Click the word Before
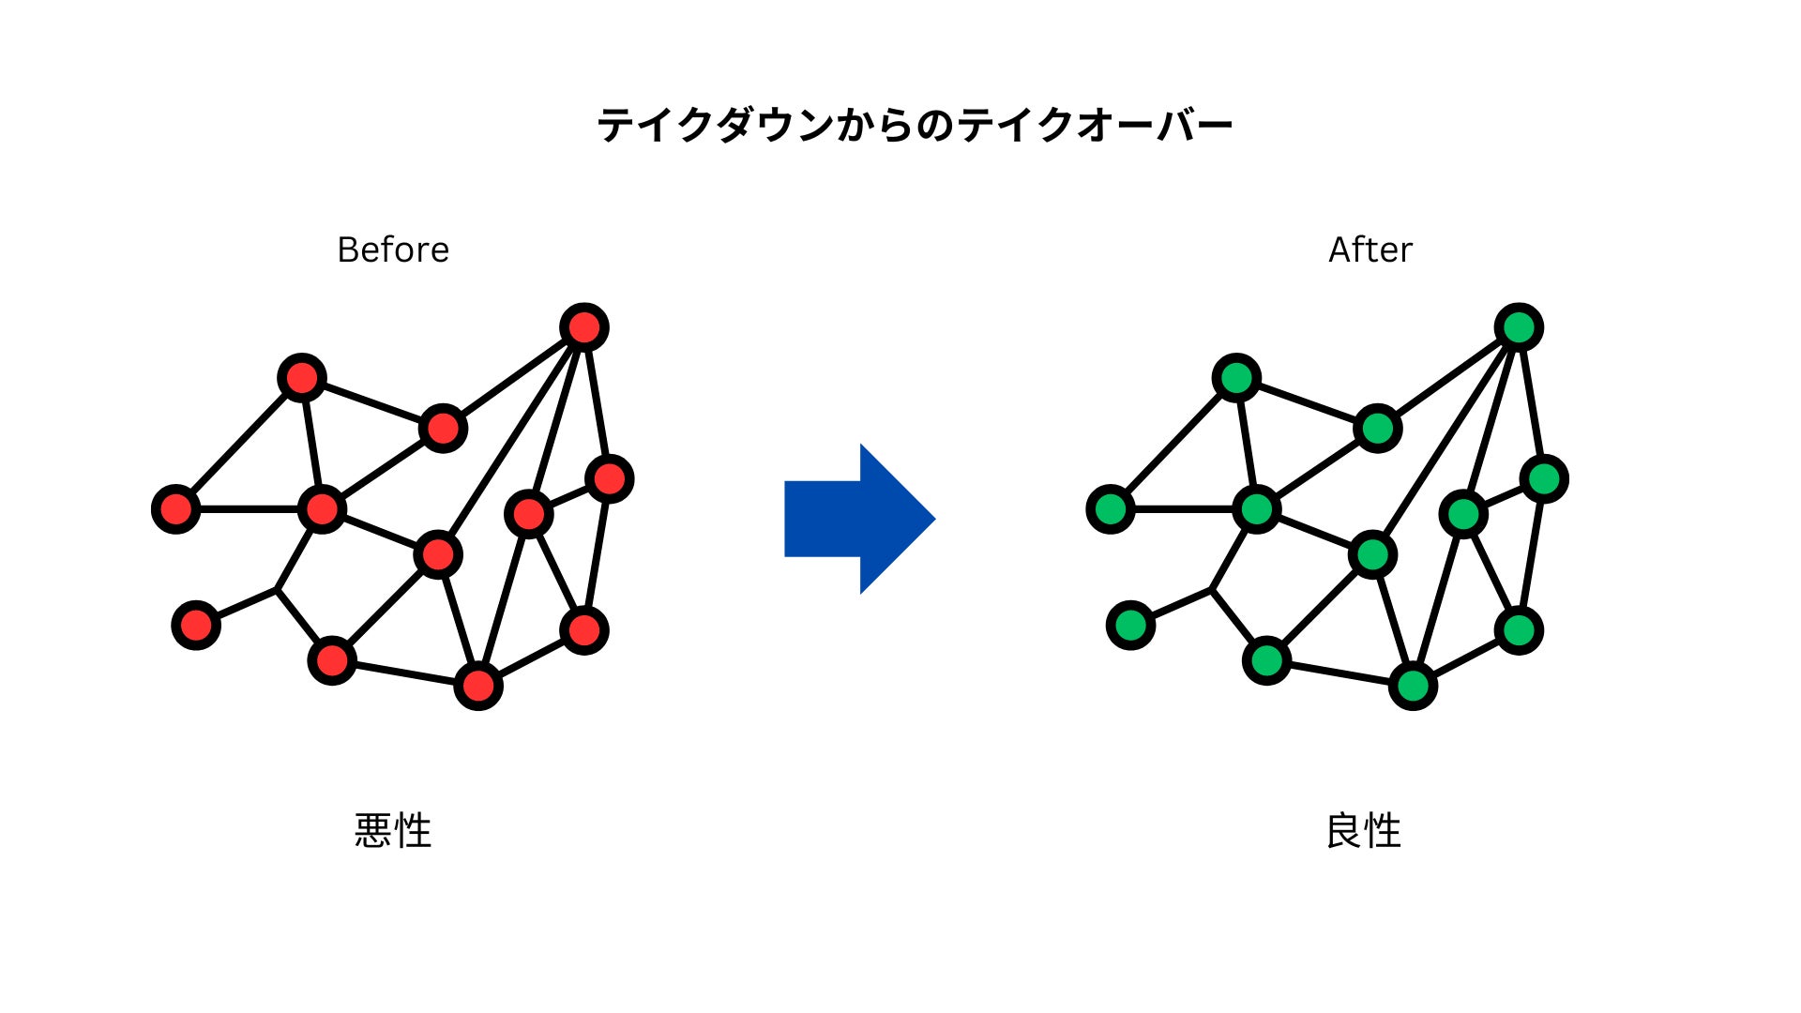click(393, 249)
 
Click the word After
click(1370, 249)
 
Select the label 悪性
click(393, 831)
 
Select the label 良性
click(1364, 831)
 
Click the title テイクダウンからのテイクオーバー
click(915, 125)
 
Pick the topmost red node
click(584, 327)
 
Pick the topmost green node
click(1519, 327)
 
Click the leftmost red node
click(176, 509)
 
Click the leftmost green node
click(1111, 509)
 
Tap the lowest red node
click(478, 686)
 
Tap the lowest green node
click(1413, 686)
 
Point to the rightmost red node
click(610, 479)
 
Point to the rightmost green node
click(1544, 479)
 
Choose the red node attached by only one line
click(196, 625)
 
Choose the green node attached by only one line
click(1130, 625)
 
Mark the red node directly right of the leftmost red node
click(322, 509)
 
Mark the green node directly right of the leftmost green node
click(1256, 509)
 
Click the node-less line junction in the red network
click(277, 589)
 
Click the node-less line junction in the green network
click(1211, 589)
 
